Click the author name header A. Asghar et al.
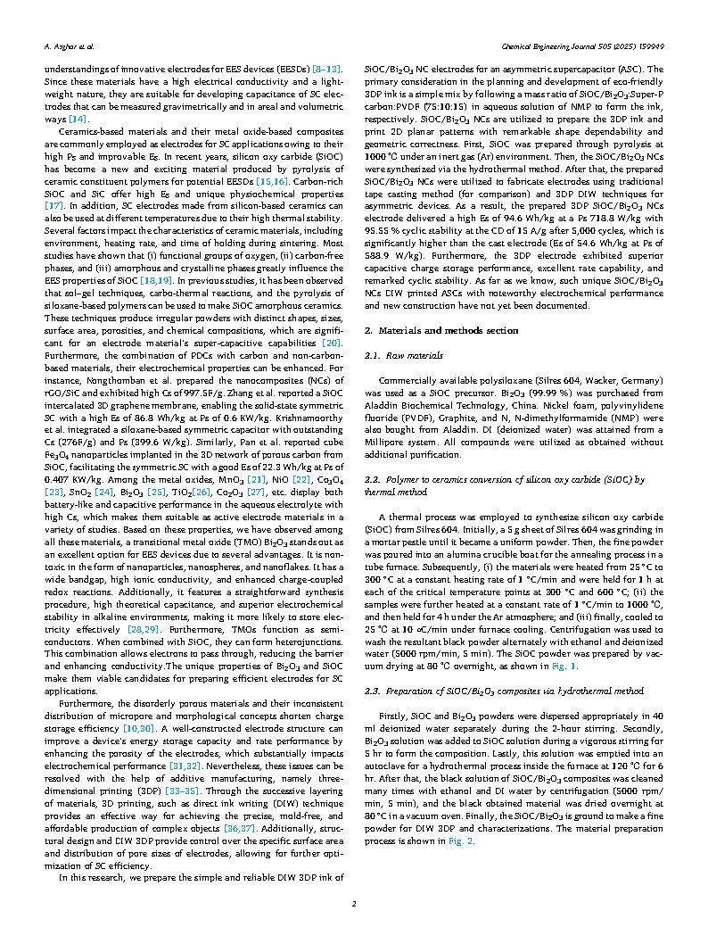coord(69,44)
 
